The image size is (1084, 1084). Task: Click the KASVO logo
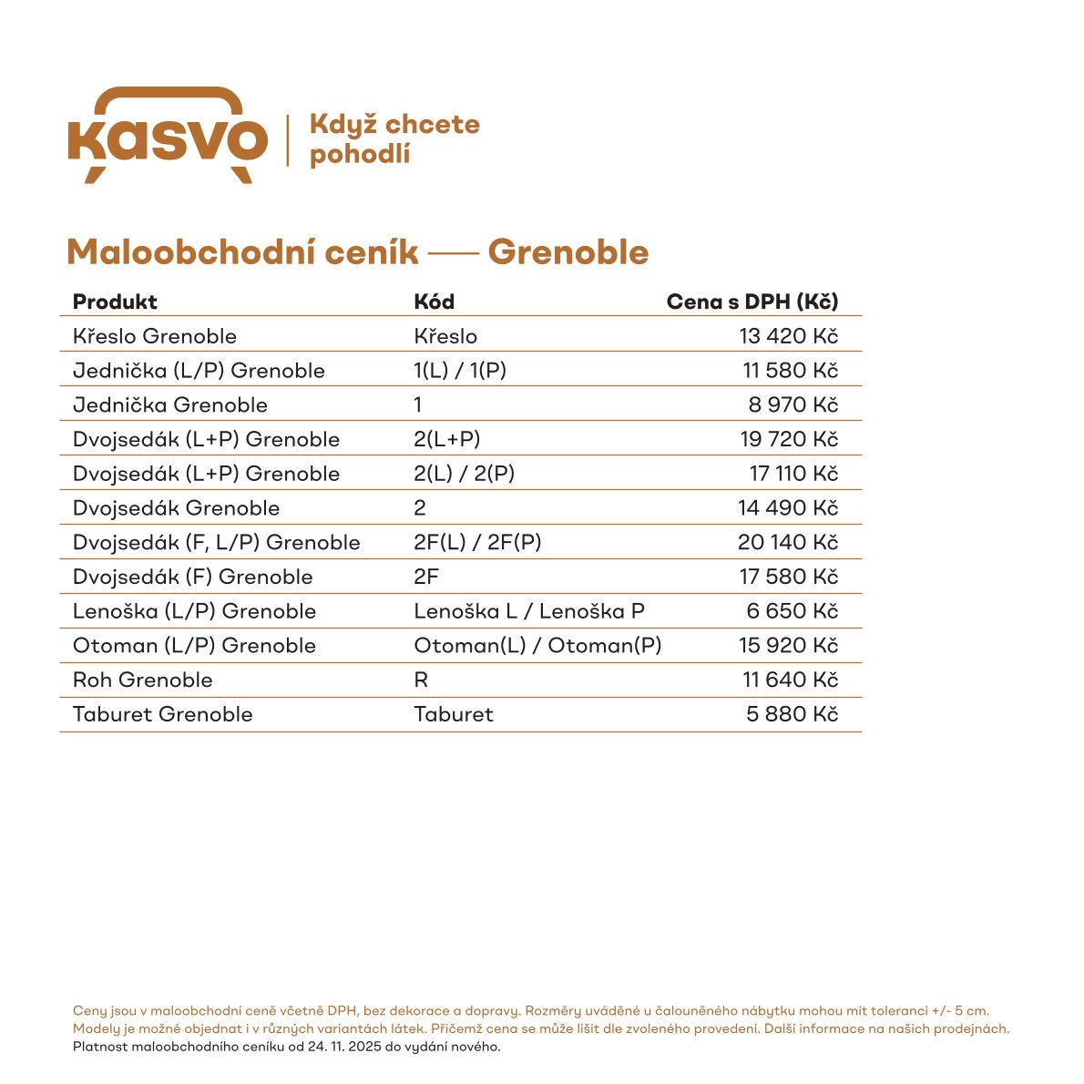[168, 137]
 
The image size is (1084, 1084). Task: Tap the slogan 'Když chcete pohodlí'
[394, 138]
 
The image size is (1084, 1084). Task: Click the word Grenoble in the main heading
[568, 252]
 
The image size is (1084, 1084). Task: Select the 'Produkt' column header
[115, 302]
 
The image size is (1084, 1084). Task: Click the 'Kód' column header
[434, 302]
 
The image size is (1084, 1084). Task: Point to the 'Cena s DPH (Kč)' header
[752, 302]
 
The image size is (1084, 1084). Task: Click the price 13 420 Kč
[788, 336]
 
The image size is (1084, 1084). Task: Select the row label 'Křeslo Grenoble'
[155, 336]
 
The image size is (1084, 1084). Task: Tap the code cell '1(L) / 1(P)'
[460, 371]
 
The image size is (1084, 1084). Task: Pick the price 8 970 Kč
[793, 404]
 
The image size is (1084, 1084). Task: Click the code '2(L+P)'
[446, 439]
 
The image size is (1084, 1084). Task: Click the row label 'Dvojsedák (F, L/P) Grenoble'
[217, 543]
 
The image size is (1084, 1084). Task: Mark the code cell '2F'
[426, 577]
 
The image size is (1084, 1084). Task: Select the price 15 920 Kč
[788, 646]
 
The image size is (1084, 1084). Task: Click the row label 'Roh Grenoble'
[143, 680]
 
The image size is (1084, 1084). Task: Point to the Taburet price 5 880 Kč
[792, 714]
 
